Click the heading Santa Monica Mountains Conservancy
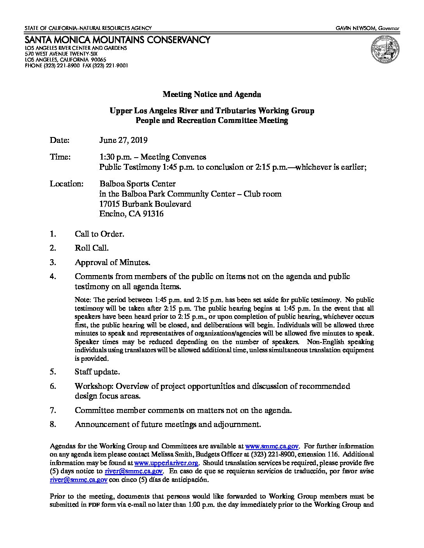tap(117, 40)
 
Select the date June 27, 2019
tap(124, 140)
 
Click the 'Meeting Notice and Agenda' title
tap(212, 94)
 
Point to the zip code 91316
tap(153, 214)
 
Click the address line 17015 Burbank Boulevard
tap(145, 204)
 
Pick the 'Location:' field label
tap(67, 184)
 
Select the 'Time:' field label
tap(60, 157)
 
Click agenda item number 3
tap(53, 262)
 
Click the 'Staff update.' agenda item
tap(97, 372)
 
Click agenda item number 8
tap(53, 424)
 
